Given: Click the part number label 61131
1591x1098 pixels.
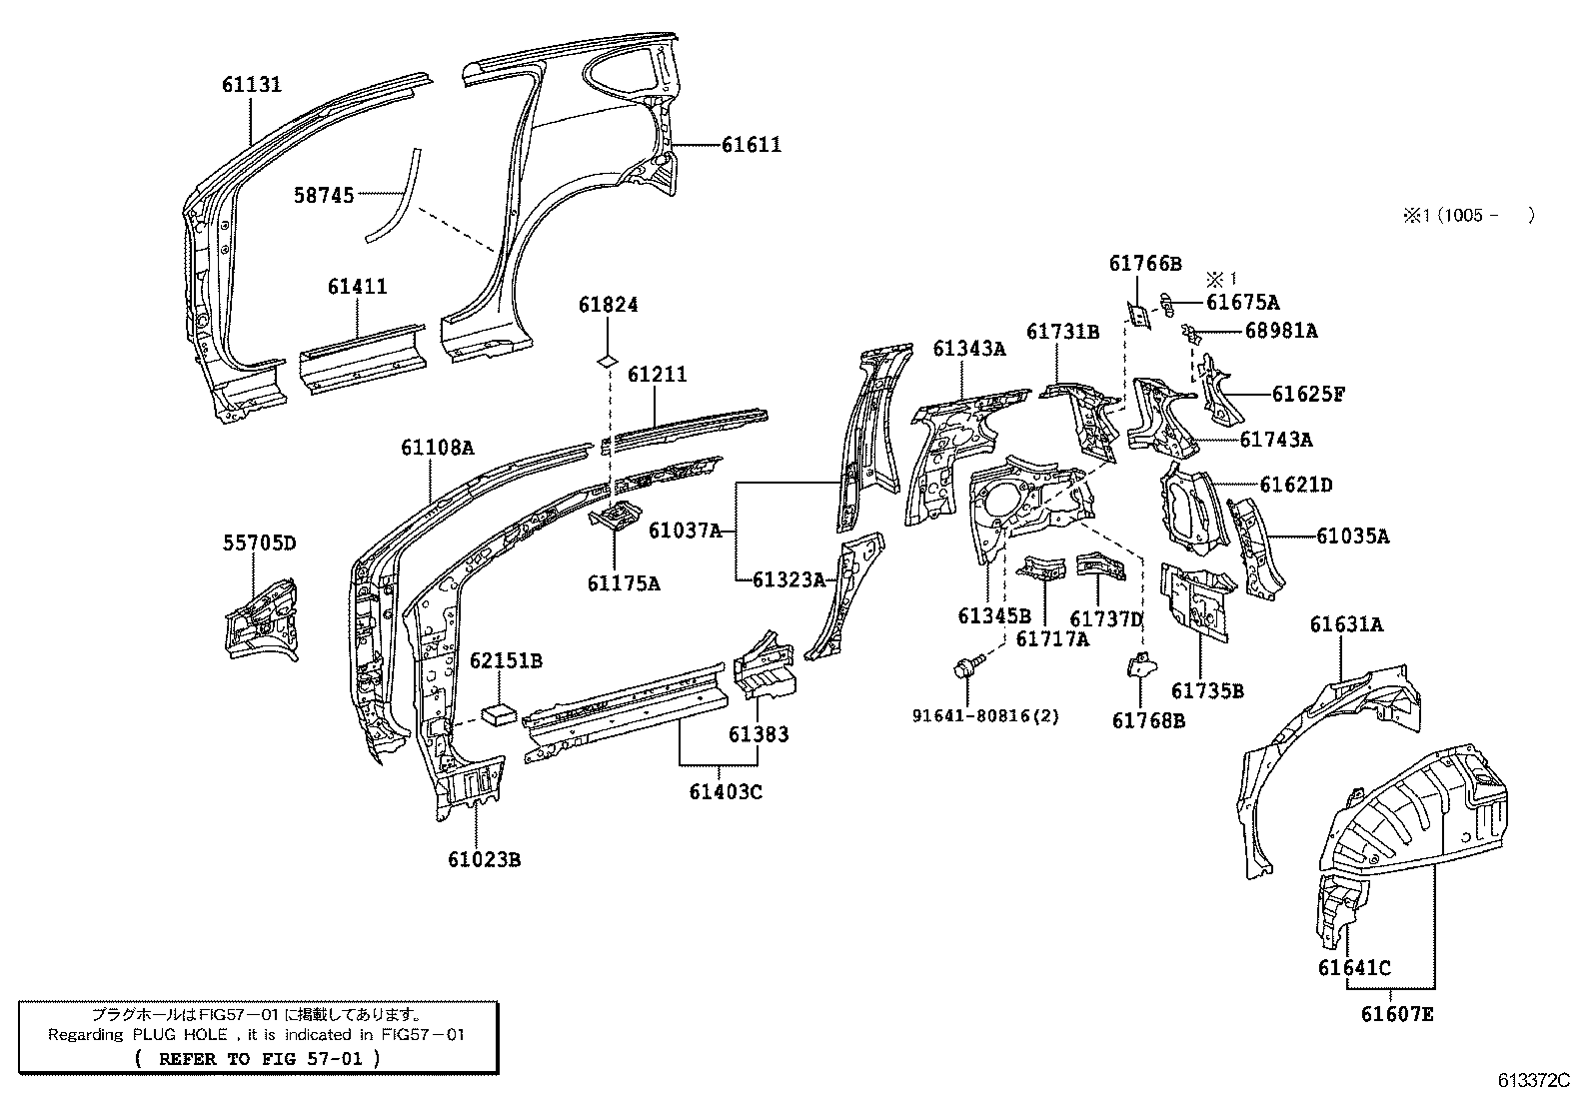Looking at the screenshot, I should point(251,85).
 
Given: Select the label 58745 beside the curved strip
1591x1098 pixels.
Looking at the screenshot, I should point(324,196).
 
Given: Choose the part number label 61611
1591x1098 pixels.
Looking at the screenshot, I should point(752,146).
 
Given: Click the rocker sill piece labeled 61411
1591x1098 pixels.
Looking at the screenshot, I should point(368,355).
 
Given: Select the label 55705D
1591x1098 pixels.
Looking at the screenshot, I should point(259,544).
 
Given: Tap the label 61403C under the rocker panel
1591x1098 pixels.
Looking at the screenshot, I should point(725,792).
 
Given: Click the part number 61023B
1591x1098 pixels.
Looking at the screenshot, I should point(484,859).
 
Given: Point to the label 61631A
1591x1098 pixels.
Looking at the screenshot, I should point(1346,625).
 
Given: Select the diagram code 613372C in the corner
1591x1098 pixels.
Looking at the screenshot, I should point(1533,1080).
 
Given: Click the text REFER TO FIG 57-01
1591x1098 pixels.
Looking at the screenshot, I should point(256,1058).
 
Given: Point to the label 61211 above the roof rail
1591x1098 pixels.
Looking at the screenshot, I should point(657,375).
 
